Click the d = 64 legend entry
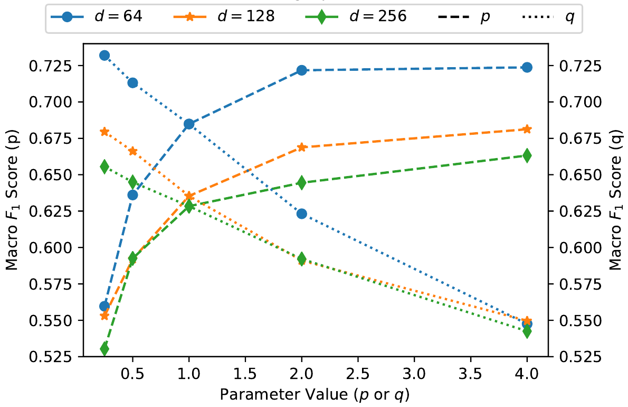(96, 16)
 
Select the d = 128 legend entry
(224, 16)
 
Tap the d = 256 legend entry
(356, 16)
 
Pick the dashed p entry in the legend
(464, 17)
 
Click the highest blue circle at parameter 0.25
(104, 55)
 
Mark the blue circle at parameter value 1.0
(189, 124)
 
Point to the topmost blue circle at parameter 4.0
(527, 67)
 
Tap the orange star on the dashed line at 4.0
(527, 129)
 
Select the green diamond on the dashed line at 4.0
(527, 155)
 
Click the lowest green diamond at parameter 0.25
(104, 349)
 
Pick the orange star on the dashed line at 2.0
(301, 147)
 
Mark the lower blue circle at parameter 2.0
(301, 214)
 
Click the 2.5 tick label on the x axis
(358, 374)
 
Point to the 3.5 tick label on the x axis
(470, 374)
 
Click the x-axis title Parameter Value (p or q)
(315, 394)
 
